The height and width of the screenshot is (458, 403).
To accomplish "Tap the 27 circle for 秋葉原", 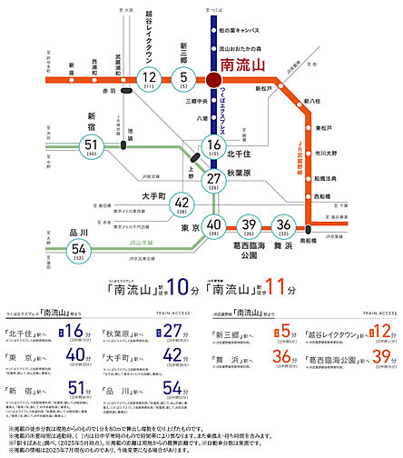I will point(213,179).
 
